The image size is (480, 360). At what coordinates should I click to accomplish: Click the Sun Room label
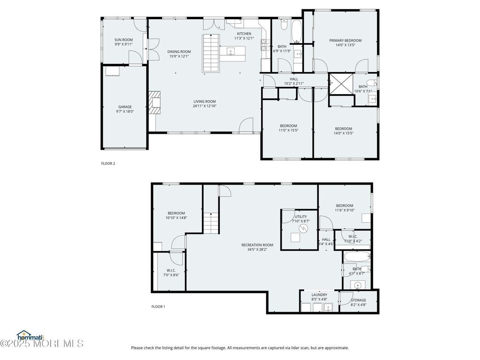124,40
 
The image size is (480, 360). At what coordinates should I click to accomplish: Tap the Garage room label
125,107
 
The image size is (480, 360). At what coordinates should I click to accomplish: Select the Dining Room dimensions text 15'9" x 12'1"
179,56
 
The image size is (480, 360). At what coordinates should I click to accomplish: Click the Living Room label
205,101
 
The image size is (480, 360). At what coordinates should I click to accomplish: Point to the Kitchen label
244,34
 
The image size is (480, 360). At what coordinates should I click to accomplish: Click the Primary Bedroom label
345,41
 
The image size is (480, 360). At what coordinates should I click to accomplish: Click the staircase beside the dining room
210,53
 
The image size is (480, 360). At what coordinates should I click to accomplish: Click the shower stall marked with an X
340,84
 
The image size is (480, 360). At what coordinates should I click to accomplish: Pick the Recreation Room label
257,245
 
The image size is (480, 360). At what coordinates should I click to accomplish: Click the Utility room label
301,216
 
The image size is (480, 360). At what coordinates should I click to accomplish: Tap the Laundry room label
319,295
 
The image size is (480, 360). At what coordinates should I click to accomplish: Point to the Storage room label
358,300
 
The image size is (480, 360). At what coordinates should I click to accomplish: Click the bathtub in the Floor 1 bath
357,257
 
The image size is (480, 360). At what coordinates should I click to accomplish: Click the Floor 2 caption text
108,164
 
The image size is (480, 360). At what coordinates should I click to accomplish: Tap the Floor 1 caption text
158,307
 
